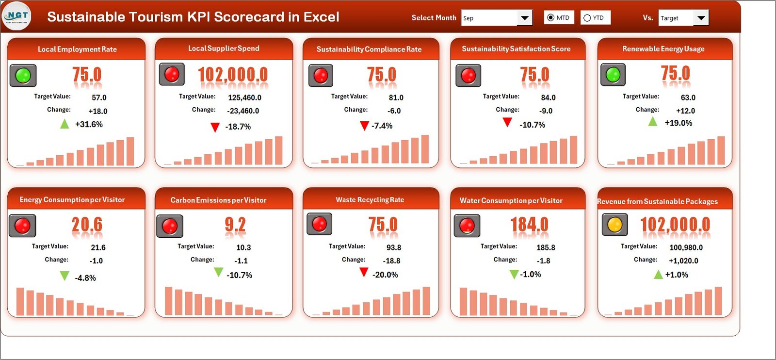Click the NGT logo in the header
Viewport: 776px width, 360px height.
17,16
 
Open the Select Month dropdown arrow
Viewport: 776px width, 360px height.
524,18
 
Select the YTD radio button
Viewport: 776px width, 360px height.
587,18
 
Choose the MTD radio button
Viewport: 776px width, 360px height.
550,18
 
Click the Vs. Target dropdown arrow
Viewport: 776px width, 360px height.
701,18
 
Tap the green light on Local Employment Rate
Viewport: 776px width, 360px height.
23,76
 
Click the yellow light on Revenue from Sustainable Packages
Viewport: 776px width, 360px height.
614,225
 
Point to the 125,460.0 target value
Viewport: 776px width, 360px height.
244,98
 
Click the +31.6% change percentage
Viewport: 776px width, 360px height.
89,124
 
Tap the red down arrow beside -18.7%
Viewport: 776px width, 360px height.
215,127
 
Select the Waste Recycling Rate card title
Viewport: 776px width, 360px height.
370,200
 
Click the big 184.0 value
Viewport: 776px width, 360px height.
529,225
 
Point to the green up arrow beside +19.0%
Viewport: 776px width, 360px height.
653,121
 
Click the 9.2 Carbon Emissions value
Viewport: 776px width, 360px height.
235,225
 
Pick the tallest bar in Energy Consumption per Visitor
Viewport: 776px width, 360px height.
20,301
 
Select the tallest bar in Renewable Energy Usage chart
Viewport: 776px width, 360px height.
721,150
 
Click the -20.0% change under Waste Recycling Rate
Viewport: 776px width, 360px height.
385,275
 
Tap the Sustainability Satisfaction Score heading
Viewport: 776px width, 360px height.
516,49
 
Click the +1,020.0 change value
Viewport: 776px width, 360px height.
683,261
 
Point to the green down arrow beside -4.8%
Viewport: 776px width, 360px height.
65,276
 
